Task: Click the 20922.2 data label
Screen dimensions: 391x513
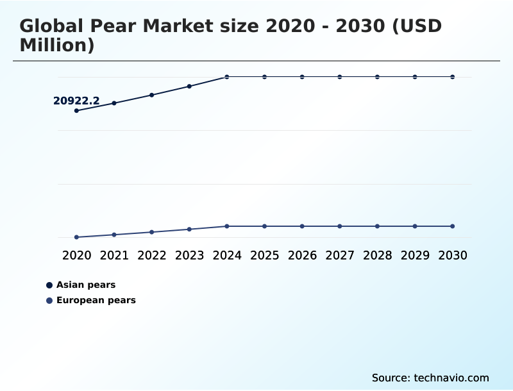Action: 76,101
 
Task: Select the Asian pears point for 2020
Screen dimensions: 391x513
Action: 76,111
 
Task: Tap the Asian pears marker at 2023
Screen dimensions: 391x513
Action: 189,87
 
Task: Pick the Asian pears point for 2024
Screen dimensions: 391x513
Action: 227,77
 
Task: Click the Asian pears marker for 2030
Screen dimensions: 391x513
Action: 453,77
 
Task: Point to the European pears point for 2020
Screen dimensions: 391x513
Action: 76,237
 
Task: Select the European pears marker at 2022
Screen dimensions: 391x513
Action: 152,232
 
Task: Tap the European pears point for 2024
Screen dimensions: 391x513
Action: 227,226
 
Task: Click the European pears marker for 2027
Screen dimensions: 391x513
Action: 340,226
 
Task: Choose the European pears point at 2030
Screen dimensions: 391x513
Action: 453,226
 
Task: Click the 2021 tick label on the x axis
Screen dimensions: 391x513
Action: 114,255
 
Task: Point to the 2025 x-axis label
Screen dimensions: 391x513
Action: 265,255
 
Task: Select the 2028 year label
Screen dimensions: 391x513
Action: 378,255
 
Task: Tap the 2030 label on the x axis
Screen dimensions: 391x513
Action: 453,255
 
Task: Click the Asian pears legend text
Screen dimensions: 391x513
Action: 86,285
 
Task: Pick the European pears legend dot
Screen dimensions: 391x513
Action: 49,301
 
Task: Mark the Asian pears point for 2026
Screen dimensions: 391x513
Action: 302,77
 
